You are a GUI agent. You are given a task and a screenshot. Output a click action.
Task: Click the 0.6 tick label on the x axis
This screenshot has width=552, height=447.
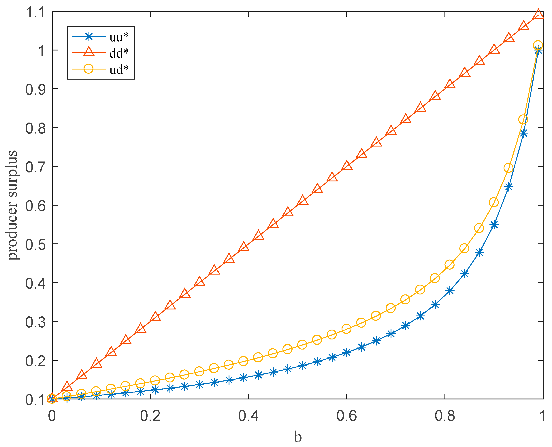(347, 416)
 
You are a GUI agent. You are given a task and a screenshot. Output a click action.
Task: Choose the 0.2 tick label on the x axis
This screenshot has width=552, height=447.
(150, 416)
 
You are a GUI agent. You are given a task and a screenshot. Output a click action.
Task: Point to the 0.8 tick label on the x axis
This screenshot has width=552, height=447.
(445, 416)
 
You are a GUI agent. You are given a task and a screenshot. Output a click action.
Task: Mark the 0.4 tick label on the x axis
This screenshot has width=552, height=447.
(249, 416)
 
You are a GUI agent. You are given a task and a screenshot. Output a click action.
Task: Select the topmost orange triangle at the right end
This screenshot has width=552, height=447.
(538, 14)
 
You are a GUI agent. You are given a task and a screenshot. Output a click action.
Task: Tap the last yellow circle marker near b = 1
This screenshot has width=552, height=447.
(538, 45)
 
